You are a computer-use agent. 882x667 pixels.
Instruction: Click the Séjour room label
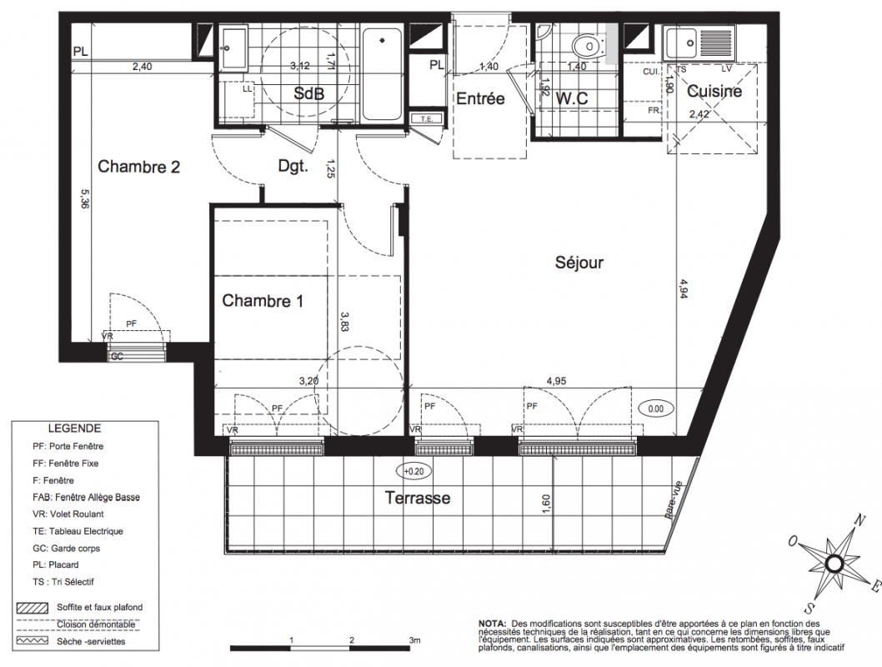pos(579,263)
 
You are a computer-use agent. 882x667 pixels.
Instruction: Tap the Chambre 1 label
pos(263,301)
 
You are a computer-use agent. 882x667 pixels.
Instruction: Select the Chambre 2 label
pos(139,167)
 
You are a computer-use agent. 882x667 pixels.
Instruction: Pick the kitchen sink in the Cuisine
pos(699,43)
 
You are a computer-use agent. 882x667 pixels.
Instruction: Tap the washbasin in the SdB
pos(233,48)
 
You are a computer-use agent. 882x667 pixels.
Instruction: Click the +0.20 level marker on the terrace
pos(414,471)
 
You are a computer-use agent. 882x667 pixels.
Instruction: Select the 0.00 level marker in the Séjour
pos(656,409)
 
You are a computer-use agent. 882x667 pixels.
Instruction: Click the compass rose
pos(834,564)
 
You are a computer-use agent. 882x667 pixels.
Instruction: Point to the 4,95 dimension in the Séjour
pos(556,381)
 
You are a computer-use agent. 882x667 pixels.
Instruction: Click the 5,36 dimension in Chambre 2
pos(85,198)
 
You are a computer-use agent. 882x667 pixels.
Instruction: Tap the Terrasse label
pos(418,498)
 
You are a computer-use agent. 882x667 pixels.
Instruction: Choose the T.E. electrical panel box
pos(426,118)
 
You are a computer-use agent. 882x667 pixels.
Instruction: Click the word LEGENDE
pos(75,429)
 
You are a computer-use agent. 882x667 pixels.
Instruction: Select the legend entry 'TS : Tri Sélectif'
pos(63,582)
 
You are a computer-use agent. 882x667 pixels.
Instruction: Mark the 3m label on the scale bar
pos(414,640)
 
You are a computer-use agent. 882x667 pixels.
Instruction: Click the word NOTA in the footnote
pos(492,624)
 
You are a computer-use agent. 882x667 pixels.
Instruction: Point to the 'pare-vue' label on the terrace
pos(673,499)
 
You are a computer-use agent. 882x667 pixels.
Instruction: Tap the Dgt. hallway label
pos(293,166)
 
